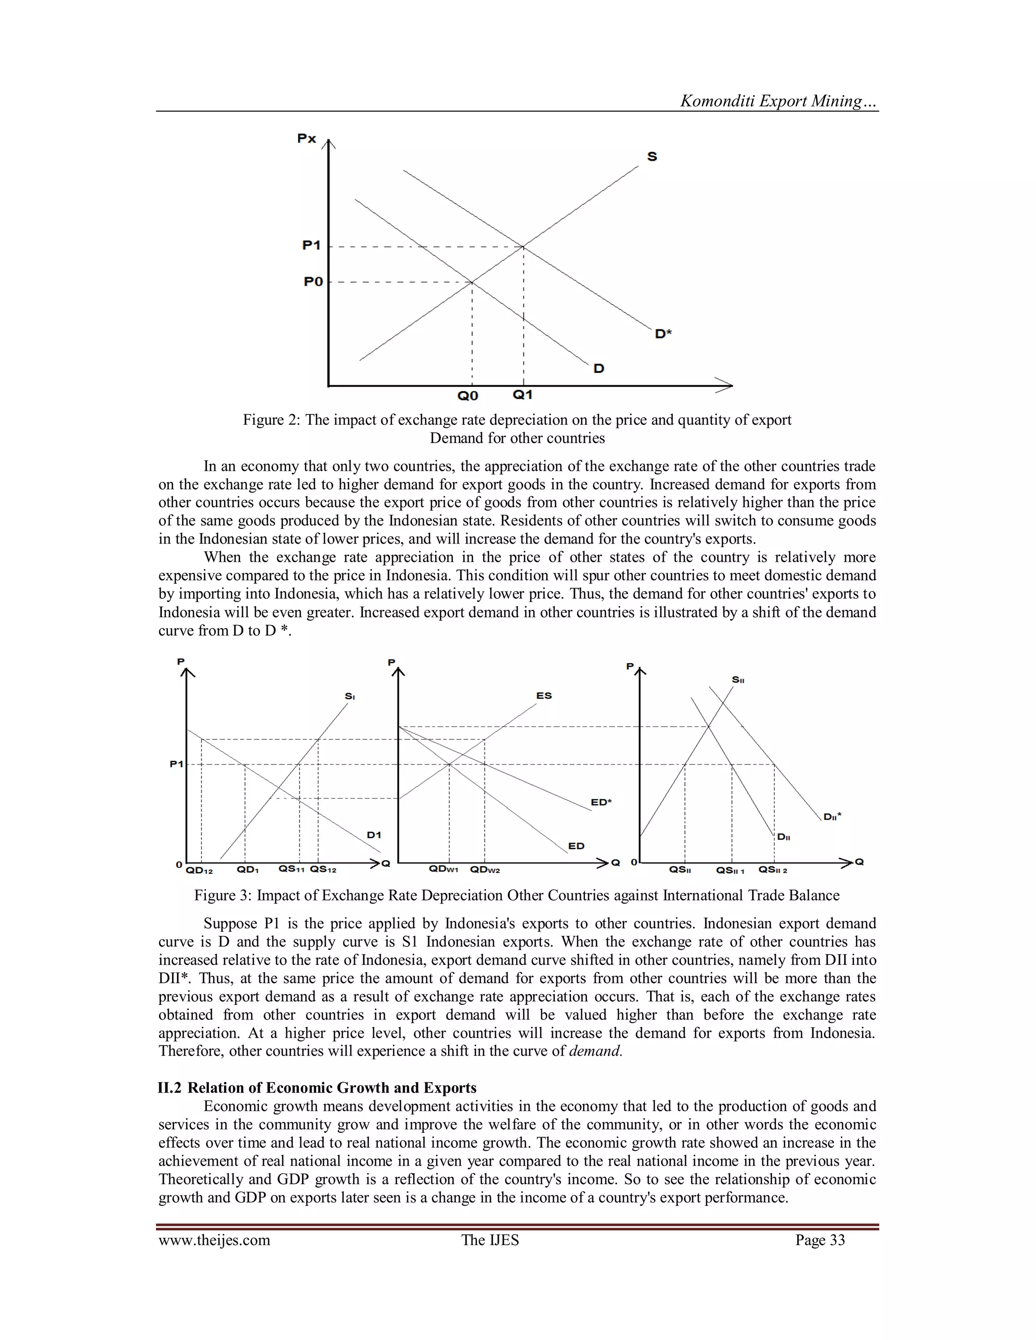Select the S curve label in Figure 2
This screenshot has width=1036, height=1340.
click(x=652, y=157)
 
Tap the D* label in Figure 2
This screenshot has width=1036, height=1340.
click(x=663, y=334)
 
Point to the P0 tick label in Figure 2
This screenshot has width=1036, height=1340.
click(x=313, y=282)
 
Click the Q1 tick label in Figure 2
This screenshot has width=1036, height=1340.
click(x=522, y=394)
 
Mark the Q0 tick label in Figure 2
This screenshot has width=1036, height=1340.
click(x=468, y=396)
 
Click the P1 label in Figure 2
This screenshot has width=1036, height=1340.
click(x=312, y=245)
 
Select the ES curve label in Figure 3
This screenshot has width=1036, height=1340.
click(x=544, y=696)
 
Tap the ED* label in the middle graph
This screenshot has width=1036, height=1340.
click(x=601, y=802)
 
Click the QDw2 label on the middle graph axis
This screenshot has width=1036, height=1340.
click(x=485, y=869)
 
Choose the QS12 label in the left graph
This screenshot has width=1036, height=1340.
click(x=323, y=869)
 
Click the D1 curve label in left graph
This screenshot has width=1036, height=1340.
click(x=374, y=834)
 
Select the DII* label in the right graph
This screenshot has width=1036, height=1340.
click(x=832, y=817)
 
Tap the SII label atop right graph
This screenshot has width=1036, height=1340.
click(x=738, y=680)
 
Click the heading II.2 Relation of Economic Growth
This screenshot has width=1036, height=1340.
click(x=317, y=1088)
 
